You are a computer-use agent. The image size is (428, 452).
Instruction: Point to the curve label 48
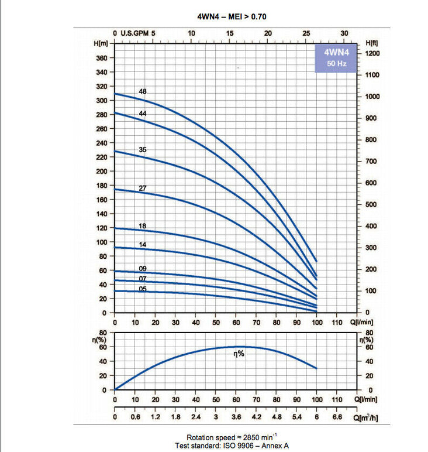pos(143,91)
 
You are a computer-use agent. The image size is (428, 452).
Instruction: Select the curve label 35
pos(143,150)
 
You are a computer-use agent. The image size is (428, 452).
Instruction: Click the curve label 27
pos(143,188)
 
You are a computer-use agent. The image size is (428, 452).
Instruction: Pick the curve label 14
pos(143,245)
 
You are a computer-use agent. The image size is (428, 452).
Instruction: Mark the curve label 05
pos(143,289)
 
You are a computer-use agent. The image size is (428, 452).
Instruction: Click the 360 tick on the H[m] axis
pos(101,58)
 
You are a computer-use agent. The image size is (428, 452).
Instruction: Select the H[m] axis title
pos(102,43)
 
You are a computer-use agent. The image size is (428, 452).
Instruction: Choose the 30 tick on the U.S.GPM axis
pos(344,33)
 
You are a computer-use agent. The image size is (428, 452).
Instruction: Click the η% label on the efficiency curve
pos(239,354)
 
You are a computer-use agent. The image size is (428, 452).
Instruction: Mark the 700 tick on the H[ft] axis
pos(371,161)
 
